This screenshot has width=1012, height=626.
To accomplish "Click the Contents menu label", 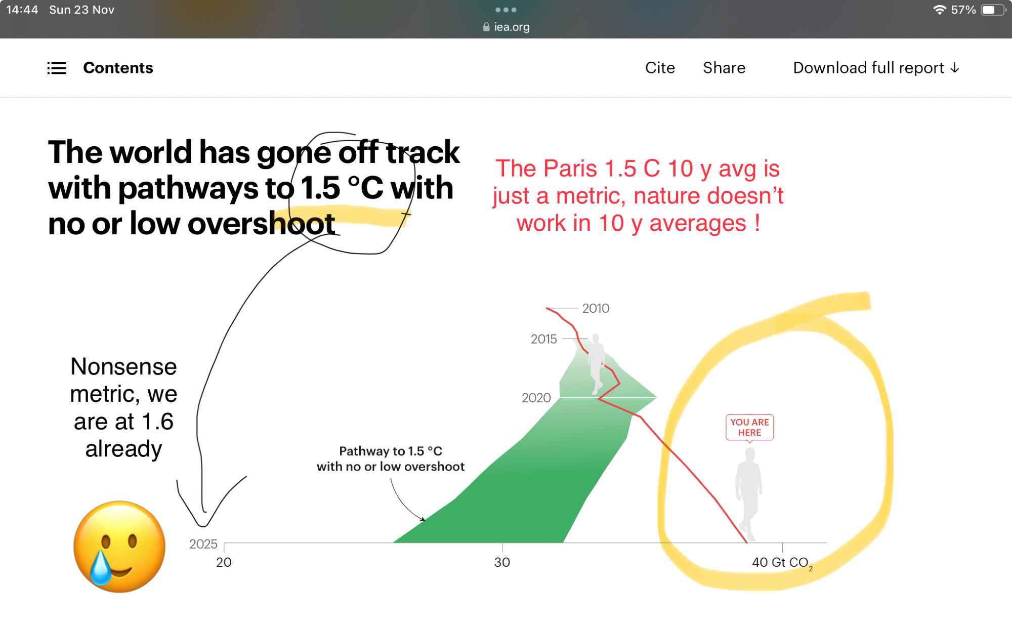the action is point(118,68).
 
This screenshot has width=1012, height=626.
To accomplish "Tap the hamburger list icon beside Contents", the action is point(57,68).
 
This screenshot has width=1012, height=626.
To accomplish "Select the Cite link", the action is point(660,68).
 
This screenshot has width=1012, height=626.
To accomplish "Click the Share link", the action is point(724,68).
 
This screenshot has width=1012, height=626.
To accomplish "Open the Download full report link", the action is point(876,68).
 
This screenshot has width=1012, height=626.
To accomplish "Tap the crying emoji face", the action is point(119,547).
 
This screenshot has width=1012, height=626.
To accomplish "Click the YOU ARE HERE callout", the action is point(749,428).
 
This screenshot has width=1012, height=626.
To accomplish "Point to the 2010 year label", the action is point(596,308).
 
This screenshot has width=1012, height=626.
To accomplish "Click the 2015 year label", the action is point(543,339).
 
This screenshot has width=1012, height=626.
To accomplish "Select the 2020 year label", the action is point(536,398).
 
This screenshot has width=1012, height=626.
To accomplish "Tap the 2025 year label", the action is point(203,544).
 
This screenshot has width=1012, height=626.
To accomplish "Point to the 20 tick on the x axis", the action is point(224,562).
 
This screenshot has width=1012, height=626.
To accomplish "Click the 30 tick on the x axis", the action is point(502,562).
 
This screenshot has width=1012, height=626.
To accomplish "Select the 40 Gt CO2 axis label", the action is point(782,563).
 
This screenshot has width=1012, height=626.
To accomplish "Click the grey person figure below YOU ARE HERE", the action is point(749,494).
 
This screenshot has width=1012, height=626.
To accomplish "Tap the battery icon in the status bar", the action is point(993,10).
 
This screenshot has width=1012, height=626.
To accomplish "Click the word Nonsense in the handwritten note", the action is point(123,366).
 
